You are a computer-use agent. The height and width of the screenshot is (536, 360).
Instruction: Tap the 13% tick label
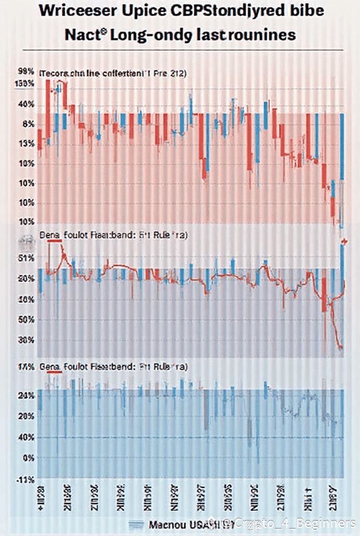coord(26,144)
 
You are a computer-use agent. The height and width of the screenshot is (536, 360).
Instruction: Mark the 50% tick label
coord(26,319)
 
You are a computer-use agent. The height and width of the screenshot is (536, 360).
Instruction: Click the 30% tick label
coord(26,339)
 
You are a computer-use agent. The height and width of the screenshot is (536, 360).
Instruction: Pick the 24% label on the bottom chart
coord(26,396)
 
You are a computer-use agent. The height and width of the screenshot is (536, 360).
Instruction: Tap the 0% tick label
coord(28,457)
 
